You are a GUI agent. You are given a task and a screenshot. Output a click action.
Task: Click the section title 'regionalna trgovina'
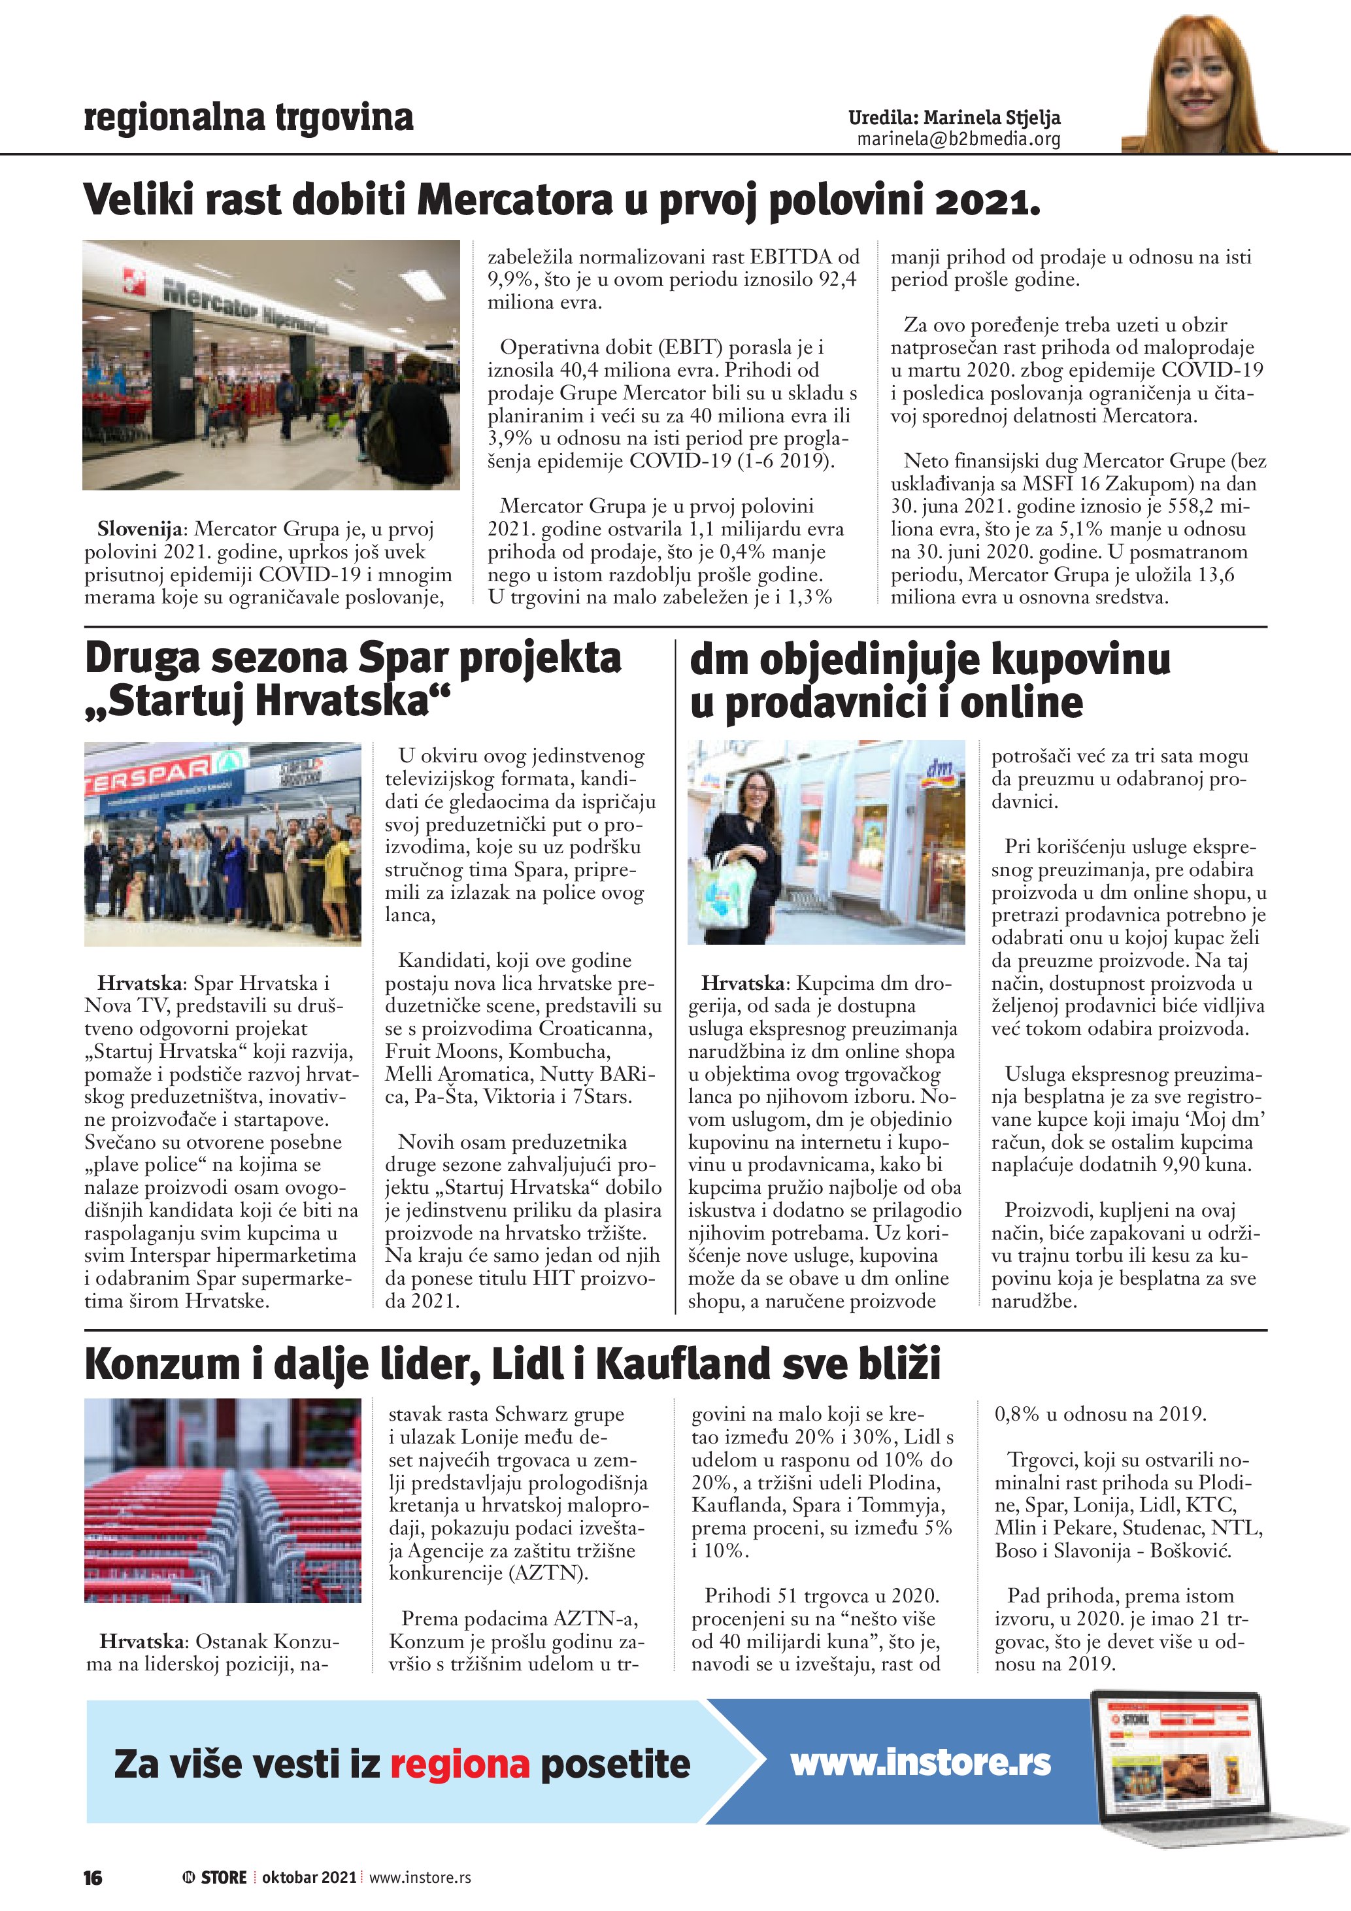tap(248, 118)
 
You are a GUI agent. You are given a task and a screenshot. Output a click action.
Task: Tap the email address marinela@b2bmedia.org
tap(958, 139)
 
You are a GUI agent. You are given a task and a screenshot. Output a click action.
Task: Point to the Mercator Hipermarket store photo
tap(271, 365)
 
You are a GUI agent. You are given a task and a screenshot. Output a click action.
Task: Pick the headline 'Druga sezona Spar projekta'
tap(353, 658)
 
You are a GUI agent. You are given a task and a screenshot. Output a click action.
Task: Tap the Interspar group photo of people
tap(223, 843)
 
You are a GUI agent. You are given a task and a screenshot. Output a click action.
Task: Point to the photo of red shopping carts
tap(223, 1500)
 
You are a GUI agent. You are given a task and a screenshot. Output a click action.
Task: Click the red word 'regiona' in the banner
tap(459, 1764)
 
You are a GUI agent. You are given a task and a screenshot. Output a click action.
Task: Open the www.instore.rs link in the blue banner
tap(920, 1762)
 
